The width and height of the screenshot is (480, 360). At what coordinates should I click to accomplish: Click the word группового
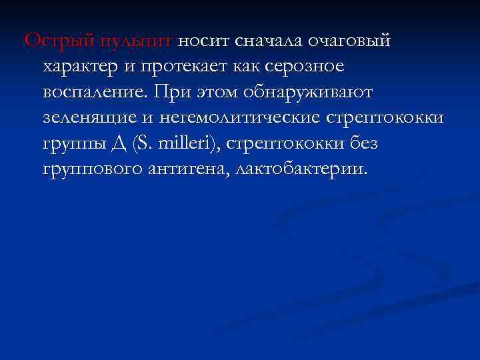pos(93,167)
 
